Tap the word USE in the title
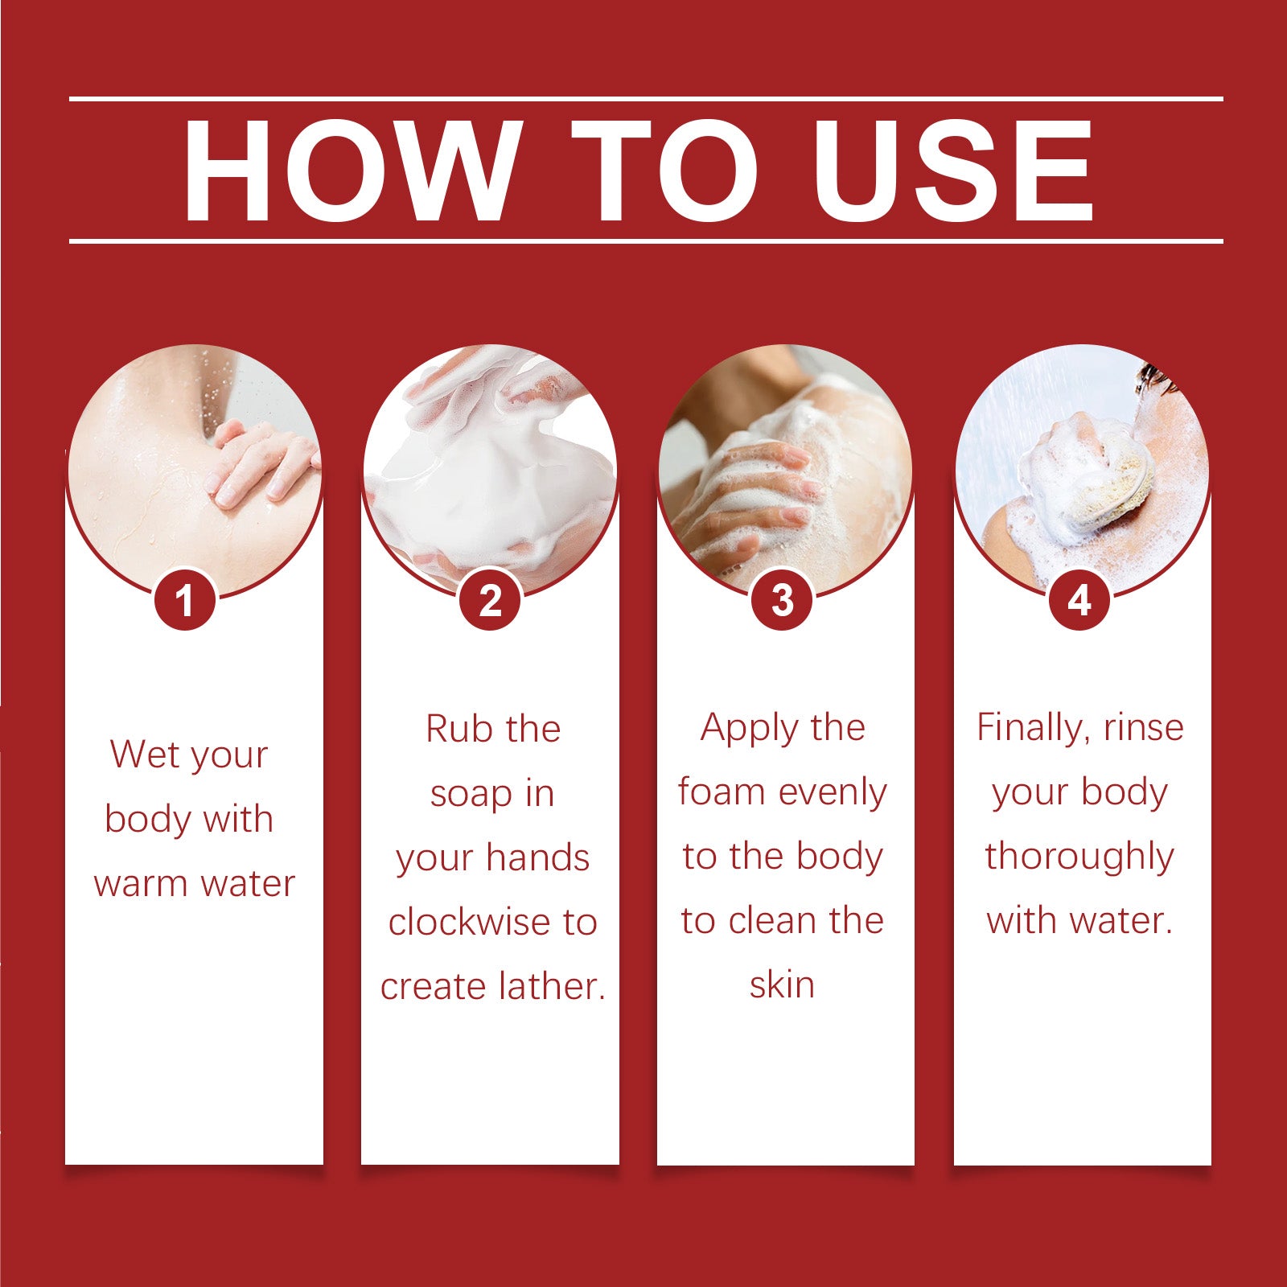point(952,171)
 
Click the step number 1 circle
point(185,600)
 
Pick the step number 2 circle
point(490,600)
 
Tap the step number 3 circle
point(782,600)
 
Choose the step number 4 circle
point(1079,600)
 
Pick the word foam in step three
point(721,792)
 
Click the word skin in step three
point(782,985)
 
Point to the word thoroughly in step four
point(1079,857)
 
